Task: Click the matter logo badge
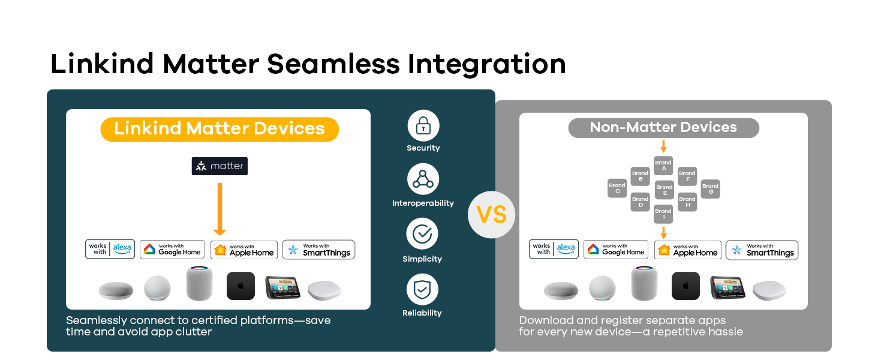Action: click(x=220, y=166)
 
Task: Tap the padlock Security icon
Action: click(x=423, y=125)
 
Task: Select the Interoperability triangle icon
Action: click(x=423, y=179)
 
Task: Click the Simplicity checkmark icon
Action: click(x=422, y=234)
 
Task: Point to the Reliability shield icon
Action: click(x=422, y=289)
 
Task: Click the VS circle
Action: click(x=492, y=215)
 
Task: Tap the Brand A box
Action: click(x=663, y=166)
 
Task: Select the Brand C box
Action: click(x=617, y=188)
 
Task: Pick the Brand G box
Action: click(x=710, y=188)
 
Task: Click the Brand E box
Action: click(x=664, y=190)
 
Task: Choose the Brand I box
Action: click(x=663, y=214)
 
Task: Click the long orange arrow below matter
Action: click(x=220, y=209)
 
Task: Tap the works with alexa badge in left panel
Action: click(x=110, y=249)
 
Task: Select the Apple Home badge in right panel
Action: click(x=687, y=250)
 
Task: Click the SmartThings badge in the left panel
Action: click(x=318, y=250)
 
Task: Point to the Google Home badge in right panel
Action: click(x=616, y=250)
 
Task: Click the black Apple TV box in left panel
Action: click(x=240, y=286)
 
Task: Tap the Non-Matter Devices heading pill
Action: click(x=663, y=128)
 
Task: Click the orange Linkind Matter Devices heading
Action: click(x=220, y=130)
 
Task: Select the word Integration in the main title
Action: click(x=487, y=64)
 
